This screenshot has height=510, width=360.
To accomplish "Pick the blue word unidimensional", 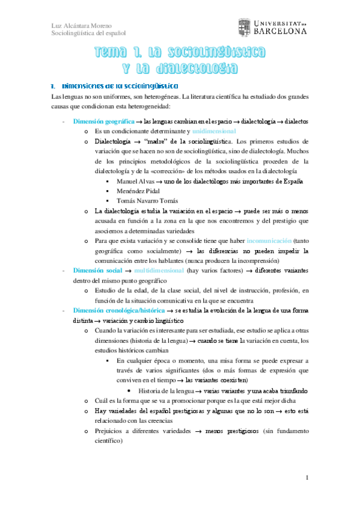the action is click(x=215, y=131).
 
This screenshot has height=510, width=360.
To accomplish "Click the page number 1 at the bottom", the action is click(x=307, y=478).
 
